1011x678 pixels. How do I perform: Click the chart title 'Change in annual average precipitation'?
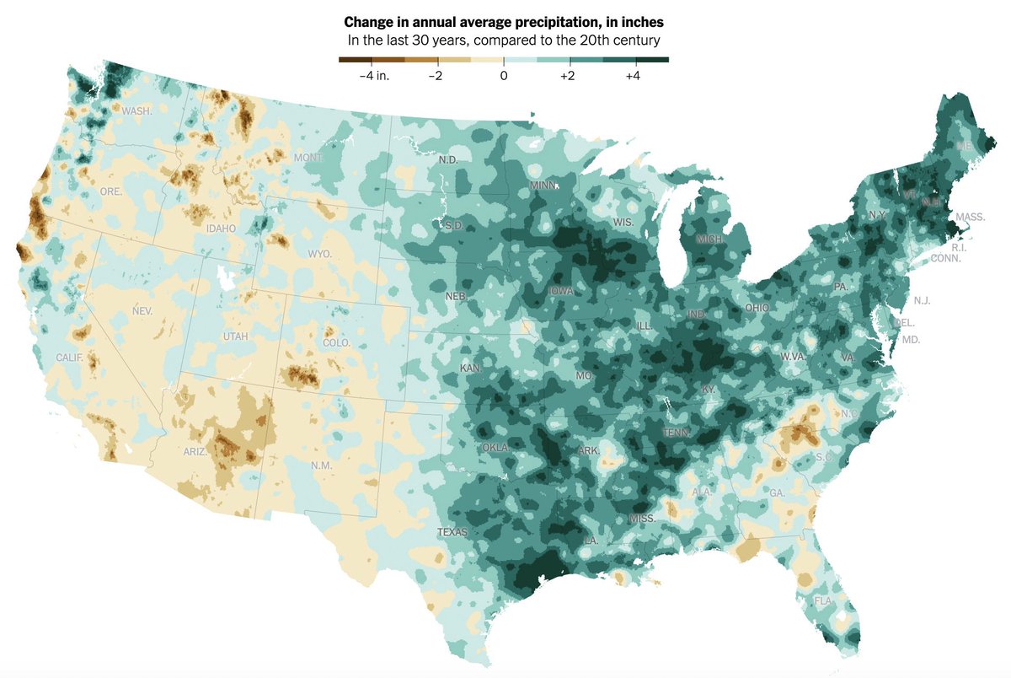coord(503,22)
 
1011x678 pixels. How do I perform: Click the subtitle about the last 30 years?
coord(503,40)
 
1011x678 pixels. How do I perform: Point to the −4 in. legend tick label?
coord(371,76)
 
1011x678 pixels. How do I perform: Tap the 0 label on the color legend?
coord(503,76)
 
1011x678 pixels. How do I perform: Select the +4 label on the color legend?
coord(634,76)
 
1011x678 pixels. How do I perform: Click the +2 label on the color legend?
coord(568,76)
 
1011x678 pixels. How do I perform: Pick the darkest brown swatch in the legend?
coord(355,60)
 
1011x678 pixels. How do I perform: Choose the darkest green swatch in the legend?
coord(651,60)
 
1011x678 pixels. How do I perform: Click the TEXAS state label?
coord(452,532)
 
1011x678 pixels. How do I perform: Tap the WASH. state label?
coord(136,111)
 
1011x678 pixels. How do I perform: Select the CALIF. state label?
coord(70,358)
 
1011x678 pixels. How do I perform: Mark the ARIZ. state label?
coord(195,452)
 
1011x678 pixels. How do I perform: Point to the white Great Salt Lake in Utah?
coord(225,277)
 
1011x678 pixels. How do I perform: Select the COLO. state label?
coord(336,343)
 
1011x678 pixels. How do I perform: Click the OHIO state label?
coord(757,308)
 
